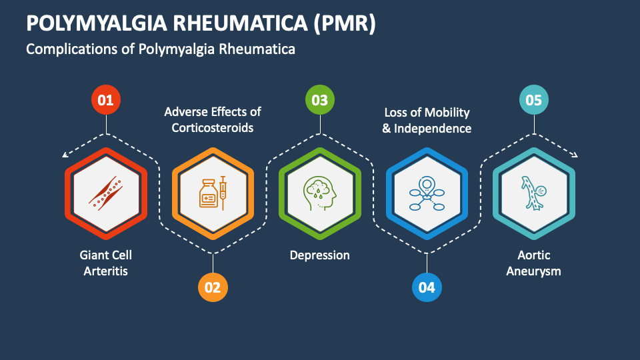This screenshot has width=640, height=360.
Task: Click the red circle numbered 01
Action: pyautogui.click(x=105, y=101)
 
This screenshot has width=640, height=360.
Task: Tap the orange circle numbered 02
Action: pyautogui.click(x=213, y=287)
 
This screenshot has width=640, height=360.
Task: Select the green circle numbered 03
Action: pyautogui.click(x=320, y=101)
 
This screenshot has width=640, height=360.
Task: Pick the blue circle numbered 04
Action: pyautogui.click(x=427, y=287)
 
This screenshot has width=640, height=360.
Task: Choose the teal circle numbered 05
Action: pyautogui.click(x=533, y=101)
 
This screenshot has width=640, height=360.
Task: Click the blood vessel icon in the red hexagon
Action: pyautogui.click(x=106, y=193)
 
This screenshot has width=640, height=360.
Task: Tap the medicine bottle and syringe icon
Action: pyautogui.click(x=213, y=193)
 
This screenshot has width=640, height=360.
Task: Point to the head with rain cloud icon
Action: pyautogui.click(x=320, y=193)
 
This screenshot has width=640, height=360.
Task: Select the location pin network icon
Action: pyautogui.click(x=427, y=193)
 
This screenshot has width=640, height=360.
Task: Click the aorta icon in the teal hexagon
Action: pyautogui.click(x=533, y=193)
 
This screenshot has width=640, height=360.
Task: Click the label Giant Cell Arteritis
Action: pyautogui.click(x=105, y=263)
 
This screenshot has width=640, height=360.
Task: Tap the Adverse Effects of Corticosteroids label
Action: pyautogui.click(x=213, y=119)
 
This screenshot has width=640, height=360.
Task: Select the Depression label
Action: pyautogui.click(x=320, y=255)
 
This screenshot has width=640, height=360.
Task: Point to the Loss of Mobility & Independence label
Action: pyautogui.click(x=427, y=120)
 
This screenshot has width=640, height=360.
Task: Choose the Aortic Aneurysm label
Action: pyautogui.click(x=533, y=263)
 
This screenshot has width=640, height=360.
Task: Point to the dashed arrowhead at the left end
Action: pyautogui.click(x=65, y=156)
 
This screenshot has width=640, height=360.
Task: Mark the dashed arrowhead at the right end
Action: pyautogui.click(x=574, y=156)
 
